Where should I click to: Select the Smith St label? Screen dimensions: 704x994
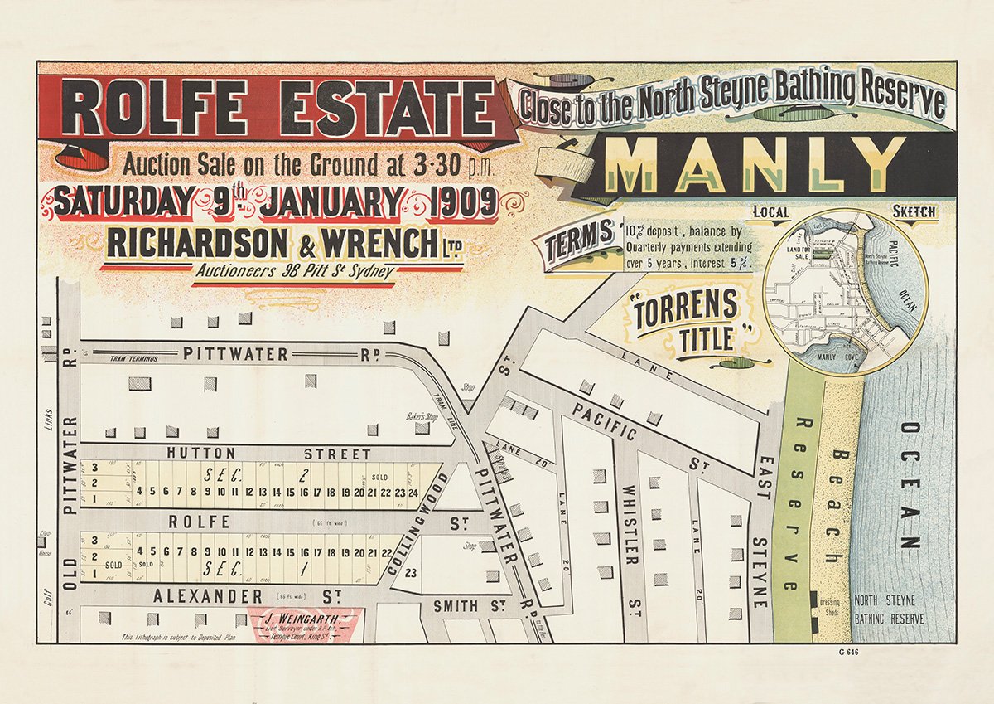[468, 606]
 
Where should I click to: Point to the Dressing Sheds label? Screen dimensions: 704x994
[829, 608]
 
